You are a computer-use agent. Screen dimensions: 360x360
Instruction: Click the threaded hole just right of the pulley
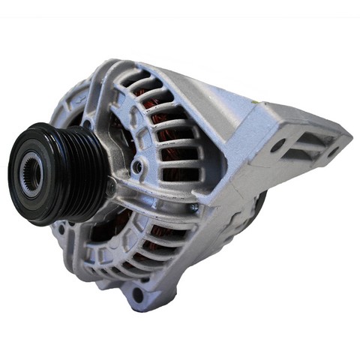[136, 166]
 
